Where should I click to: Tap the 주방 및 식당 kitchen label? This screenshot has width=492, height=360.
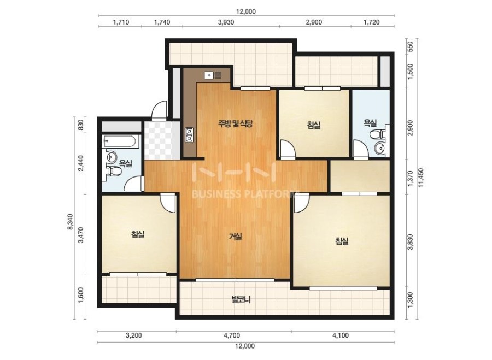(235, 123)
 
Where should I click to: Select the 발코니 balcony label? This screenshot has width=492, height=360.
(241, 300)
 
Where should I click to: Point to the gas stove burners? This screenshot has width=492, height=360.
(189, 135)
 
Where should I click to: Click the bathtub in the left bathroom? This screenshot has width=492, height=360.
(120, 141)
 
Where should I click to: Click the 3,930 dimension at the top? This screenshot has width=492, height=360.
(226, 22)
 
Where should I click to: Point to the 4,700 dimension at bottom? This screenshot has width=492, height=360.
(232, 335)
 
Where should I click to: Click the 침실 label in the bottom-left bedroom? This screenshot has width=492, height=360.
(138, 234)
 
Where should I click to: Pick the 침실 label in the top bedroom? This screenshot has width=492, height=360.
(314, 125)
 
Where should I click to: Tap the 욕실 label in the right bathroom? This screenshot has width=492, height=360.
(370, 122)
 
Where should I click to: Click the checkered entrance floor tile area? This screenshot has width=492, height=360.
(158, 140)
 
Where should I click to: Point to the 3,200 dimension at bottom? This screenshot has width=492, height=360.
(134, 335)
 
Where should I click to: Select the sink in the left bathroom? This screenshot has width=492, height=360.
(111, 156)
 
